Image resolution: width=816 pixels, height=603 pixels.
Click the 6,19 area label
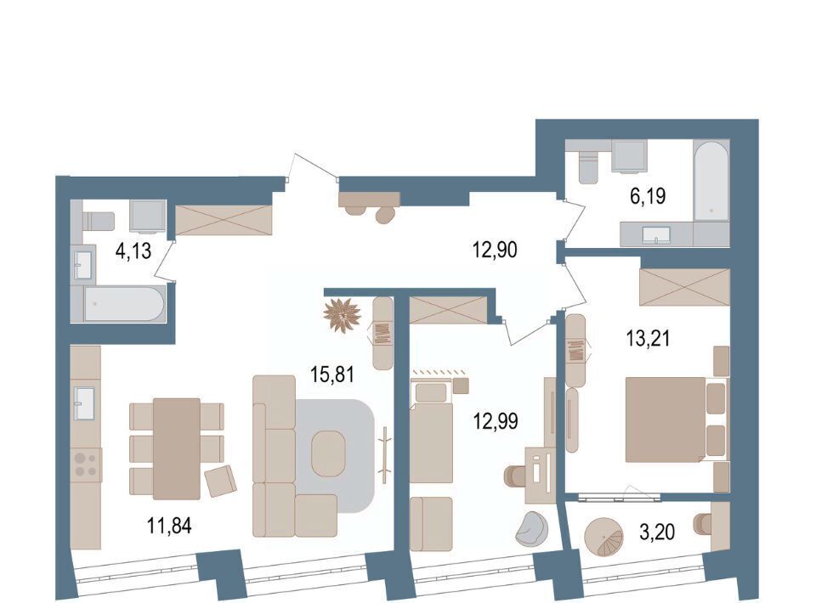pyautogui.click(x=648, y=196)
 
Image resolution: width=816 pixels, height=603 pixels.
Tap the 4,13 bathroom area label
pyautogui.click(x=133, y=251)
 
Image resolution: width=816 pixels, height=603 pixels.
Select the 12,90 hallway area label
pyautogui.click(x=495, y=250)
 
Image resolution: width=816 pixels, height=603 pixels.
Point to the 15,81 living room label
pyautogui.click(x=332, y=374)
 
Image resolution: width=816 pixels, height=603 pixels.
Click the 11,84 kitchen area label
pyautogui.click(x=169, y=526)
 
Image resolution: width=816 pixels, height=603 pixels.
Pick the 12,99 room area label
pyautogui.click(x=496, y=420)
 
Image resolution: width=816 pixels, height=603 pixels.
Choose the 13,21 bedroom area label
pyautogui.click(x=648, y=338)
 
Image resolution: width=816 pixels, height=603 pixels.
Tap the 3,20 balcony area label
pyautogui.click(x=657, y=532)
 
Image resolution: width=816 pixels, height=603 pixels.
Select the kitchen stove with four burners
pyautogui.click(x=86, y=465)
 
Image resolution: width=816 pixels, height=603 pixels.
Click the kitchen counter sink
pyautogui.click(x=84, y=403)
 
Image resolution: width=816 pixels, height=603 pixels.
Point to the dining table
pyautogui.click(x=177, y=448)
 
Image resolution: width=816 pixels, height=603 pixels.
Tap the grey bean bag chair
pyautogui.click(x=532, y=529)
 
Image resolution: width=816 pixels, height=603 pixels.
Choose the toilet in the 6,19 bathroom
pyautogui.click(x=589, y=166)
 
